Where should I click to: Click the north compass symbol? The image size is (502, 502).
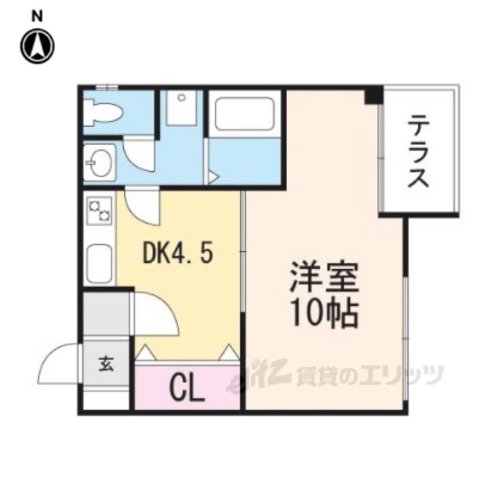coord(37,45)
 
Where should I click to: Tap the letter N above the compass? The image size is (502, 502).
coord(37,15)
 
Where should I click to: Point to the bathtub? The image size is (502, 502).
coord(244,115)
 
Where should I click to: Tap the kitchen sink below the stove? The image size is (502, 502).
coord(100,264)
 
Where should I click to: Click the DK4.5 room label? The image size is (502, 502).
coord(177,253)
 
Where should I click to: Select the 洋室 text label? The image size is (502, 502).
coord(324,278)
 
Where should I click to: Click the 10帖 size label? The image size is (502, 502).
coord(324,315)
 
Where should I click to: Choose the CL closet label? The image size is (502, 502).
coord(187,387)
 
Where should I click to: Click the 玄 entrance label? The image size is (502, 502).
coord(105,365)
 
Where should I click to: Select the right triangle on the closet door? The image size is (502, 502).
coord(229,354)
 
